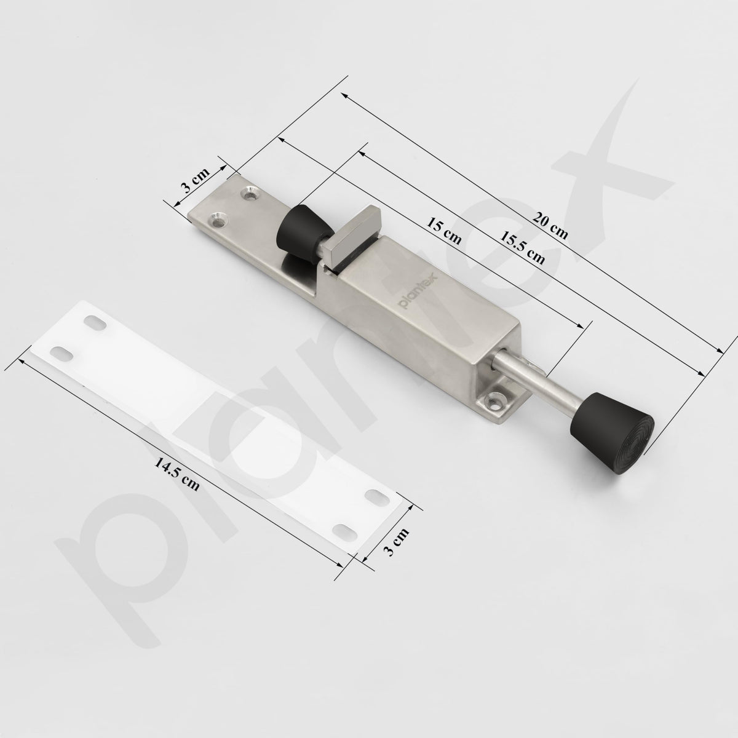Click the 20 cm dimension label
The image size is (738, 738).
(550, 227)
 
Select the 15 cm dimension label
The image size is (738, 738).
(444, 231)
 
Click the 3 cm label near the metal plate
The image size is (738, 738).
(195, 180)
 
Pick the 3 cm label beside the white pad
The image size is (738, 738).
(396, 542)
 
